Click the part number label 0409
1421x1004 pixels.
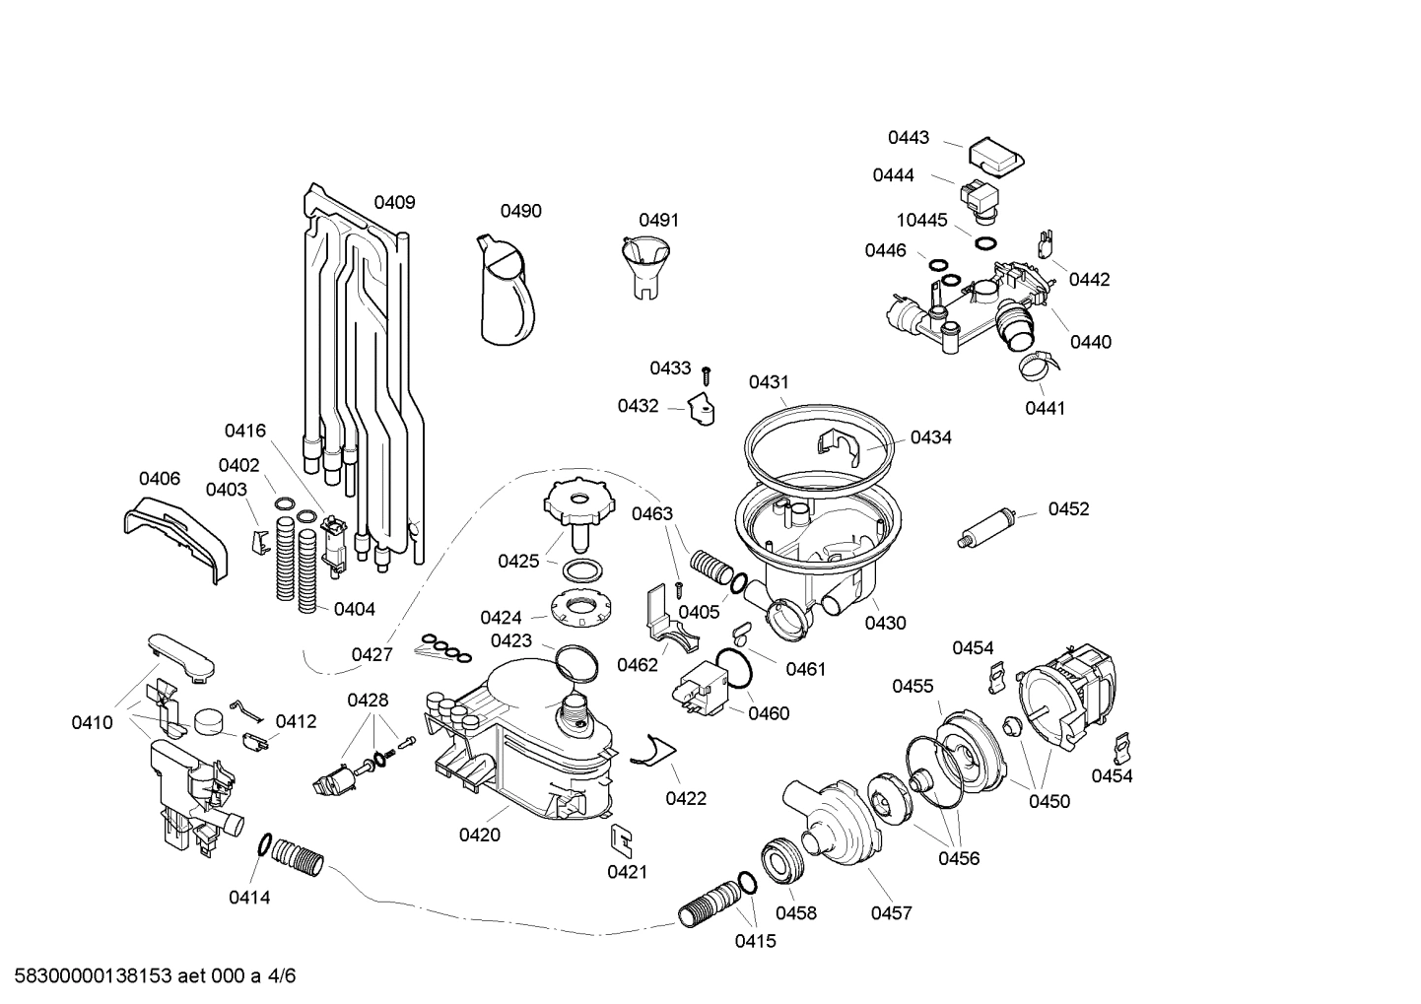click(x=394, y=203)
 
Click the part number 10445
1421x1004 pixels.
click(x=921, y=220)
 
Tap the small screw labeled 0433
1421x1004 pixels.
click(x=707, y=374)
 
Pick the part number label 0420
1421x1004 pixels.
click(x=479, y=835)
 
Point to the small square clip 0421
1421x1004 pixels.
click(x=623, y=838)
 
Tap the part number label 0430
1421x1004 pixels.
click(x=885, y=623)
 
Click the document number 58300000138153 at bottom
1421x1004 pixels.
click(x=90, y=976)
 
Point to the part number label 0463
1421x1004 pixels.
click(x=651, y=513)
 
